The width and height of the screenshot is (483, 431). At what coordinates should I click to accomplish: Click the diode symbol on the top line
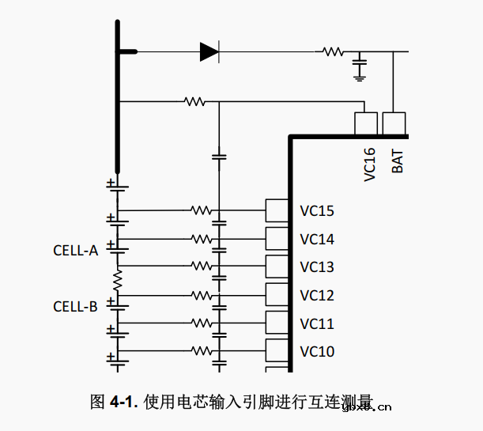pos(209,52)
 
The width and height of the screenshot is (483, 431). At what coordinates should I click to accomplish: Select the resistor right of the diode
pos(331,52)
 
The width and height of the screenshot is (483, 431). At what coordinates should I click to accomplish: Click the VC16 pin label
pos(369,164)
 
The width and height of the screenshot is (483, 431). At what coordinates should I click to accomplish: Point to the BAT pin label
pos(398,161)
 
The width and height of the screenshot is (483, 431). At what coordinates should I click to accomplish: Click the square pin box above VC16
pos(365,123)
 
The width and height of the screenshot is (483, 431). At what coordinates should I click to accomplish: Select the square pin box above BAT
pos(394,123)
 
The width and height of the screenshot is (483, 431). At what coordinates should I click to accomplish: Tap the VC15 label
pos(317,211)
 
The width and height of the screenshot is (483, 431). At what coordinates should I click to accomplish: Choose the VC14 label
pos(317,240)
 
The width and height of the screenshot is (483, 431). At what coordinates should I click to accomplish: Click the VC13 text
pos(317,267)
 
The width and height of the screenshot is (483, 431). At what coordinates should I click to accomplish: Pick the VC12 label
pos(317,296)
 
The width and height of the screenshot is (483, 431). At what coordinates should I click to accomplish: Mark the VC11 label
pos(317,324)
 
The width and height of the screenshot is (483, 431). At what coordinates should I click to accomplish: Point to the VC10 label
pos(317,352)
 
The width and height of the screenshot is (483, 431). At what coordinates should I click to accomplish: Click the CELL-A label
pos(76,251)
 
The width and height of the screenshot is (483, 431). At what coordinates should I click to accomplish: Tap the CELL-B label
pos(76,306)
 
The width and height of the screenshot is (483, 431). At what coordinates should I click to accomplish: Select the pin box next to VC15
pos(277,210)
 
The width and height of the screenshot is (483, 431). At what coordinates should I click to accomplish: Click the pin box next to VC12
pos(277,295)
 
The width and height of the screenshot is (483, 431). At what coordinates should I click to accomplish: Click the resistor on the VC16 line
pos(194,101)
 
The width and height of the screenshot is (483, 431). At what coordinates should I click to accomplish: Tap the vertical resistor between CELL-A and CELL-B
pos(118,279)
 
